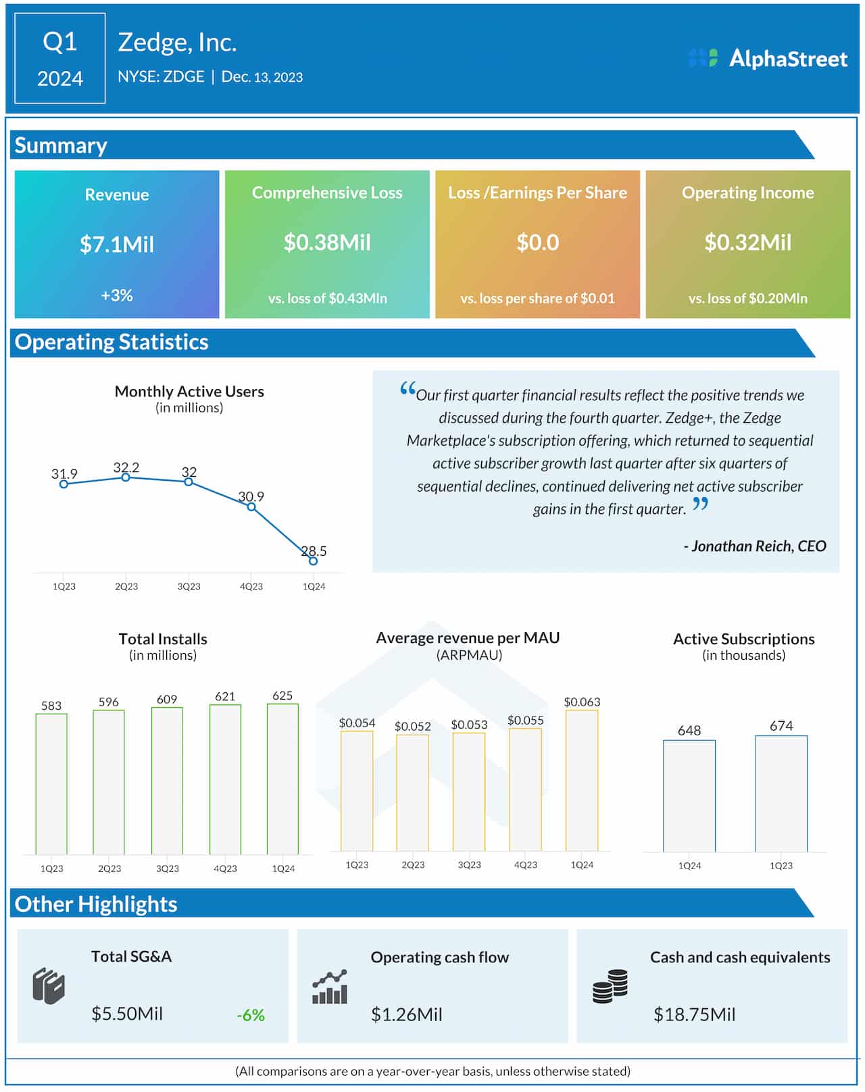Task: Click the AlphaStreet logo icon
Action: tap(703, 58)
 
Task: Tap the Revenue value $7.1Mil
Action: tap(117, 244)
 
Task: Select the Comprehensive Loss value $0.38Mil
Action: tap(327, 242)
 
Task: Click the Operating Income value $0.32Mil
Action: tap(747, 242)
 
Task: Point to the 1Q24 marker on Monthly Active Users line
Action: tap(313, 561)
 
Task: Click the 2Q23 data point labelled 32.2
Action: tap(126, 477)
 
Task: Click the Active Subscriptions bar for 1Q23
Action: tap(781, 794)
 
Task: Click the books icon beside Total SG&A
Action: tap(49, 987)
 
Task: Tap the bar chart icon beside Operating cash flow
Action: tap(330, 987)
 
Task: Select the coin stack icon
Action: tap(610, 987)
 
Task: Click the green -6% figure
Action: tap(251, 1015)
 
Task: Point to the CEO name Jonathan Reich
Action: tap(758, 546)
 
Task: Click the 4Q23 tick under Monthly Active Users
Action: tap(251, 586)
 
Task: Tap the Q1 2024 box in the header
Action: tap(60, 59)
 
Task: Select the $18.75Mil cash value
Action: tap(694, 1014)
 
